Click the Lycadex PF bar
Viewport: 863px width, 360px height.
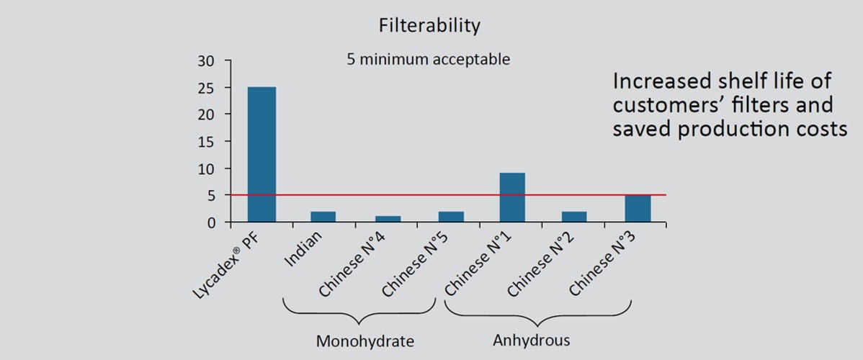click(261, 154)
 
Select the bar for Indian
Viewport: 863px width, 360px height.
click(323, 217)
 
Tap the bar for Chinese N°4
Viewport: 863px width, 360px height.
click(387, 219)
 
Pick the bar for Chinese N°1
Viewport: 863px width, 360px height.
click(512, 197)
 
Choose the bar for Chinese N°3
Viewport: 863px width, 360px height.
click(638, 209)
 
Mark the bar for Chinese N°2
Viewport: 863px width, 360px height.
click(575, 217)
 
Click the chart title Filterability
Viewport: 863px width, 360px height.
click(429, 26)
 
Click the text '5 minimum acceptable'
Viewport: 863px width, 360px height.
click(428, 59)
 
